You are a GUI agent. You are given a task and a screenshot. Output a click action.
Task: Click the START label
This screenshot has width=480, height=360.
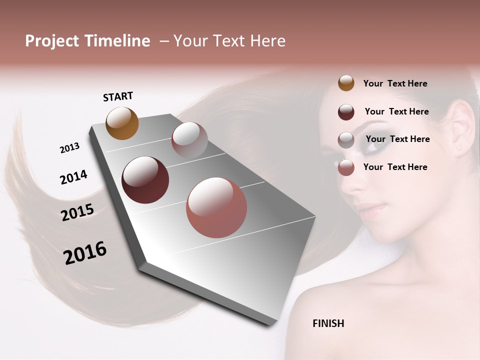(x=118, y=96)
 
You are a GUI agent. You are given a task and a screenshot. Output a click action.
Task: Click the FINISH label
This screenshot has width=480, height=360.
(x=328, y=323)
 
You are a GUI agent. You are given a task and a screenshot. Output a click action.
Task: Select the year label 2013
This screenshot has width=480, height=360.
(x=69, y=148)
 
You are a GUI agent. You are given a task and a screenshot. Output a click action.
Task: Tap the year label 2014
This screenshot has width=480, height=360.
(x=73, y=177)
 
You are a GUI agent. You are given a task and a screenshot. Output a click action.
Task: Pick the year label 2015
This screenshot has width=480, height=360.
(x=77, y=212)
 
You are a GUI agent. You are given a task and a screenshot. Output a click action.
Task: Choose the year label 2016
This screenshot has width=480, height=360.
(x=85, y=253)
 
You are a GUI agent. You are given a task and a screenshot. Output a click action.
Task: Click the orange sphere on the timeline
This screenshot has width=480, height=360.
(x=122, y=123)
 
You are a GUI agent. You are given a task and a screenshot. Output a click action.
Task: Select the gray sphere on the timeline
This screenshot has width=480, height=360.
(x=189, y=140)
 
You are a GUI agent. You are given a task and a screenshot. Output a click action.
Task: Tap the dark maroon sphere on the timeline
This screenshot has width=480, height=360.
(x=145, y=180)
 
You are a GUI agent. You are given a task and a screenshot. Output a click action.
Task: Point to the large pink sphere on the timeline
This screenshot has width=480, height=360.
(x=216, y=207)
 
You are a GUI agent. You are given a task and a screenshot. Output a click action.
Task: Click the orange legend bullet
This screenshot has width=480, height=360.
(x=346, y=83)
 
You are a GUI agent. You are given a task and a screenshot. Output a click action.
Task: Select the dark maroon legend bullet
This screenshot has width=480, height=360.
(x=346, y=111)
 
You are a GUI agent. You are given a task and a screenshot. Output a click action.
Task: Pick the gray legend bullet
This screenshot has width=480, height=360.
(x=346, y=139)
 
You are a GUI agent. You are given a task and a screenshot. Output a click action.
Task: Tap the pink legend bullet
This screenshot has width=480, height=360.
(x=346, y=167)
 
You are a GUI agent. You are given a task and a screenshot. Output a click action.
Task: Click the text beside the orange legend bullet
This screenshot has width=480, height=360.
(x=395, y=84)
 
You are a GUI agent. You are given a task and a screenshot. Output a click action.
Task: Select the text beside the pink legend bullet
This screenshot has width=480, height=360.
(x=395, y=167)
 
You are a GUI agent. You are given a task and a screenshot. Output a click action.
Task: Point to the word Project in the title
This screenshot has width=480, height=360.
(x=52, y=41)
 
